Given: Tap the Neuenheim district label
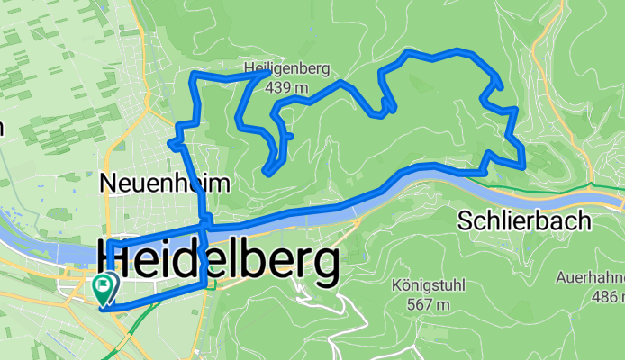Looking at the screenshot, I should coord(165,184).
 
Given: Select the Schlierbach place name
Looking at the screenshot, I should coord(523,220).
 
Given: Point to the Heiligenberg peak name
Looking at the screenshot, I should coord(287,68).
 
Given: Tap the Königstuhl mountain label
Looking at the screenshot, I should coord(429,286).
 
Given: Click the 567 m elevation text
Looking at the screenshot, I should coord(429,305).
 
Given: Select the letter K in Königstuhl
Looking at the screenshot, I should coord(397,286).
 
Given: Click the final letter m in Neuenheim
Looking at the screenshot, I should coord(222,184).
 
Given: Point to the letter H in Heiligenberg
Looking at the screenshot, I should coord(249,68).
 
